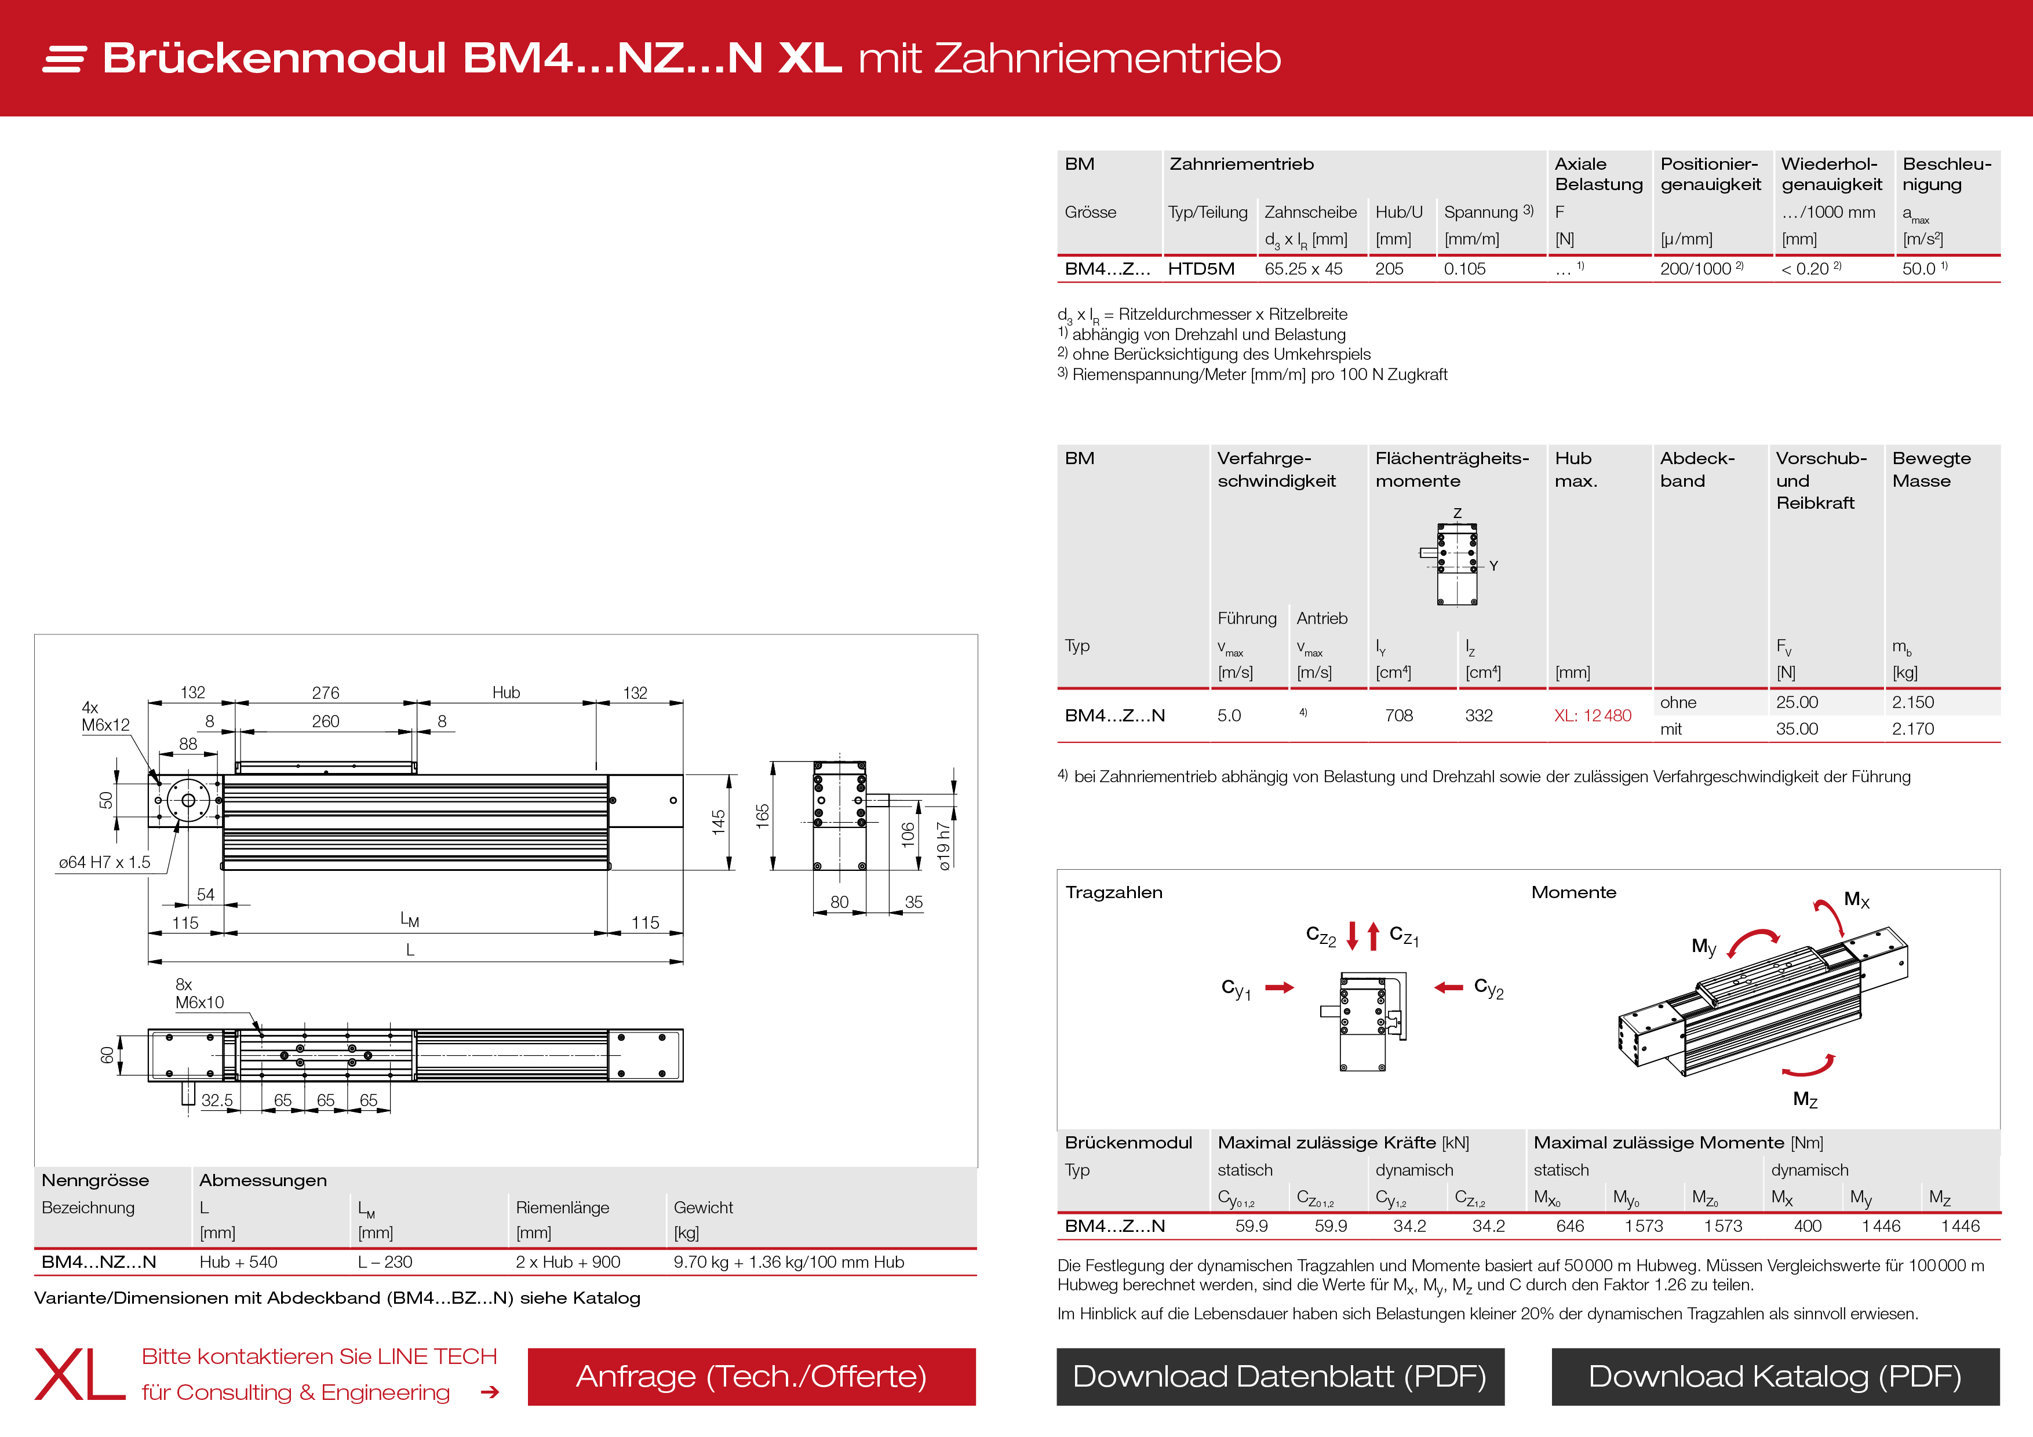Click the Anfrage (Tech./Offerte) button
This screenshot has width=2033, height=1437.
click(751, 1377)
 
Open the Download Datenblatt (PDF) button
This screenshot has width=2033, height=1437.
click(1280, 1377)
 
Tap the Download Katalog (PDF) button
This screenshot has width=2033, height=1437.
click(1775, 1377)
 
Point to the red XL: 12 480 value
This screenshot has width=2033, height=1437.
click(1592, 716)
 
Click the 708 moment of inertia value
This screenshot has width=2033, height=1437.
click(1398, 716)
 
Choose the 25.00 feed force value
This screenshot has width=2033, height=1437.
click(1797, 702)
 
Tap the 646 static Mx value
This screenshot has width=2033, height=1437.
click(1570, 1226)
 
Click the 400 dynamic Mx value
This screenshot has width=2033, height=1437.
click(1807, 1226)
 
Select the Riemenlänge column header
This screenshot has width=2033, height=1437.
click(562, 1208)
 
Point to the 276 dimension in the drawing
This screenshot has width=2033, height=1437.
click(325, 692)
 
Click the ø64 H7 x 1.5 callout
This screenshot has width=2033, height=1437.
click(104, 862)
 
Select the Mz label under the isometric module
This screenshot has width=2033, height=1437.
click(1805, 1100)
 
